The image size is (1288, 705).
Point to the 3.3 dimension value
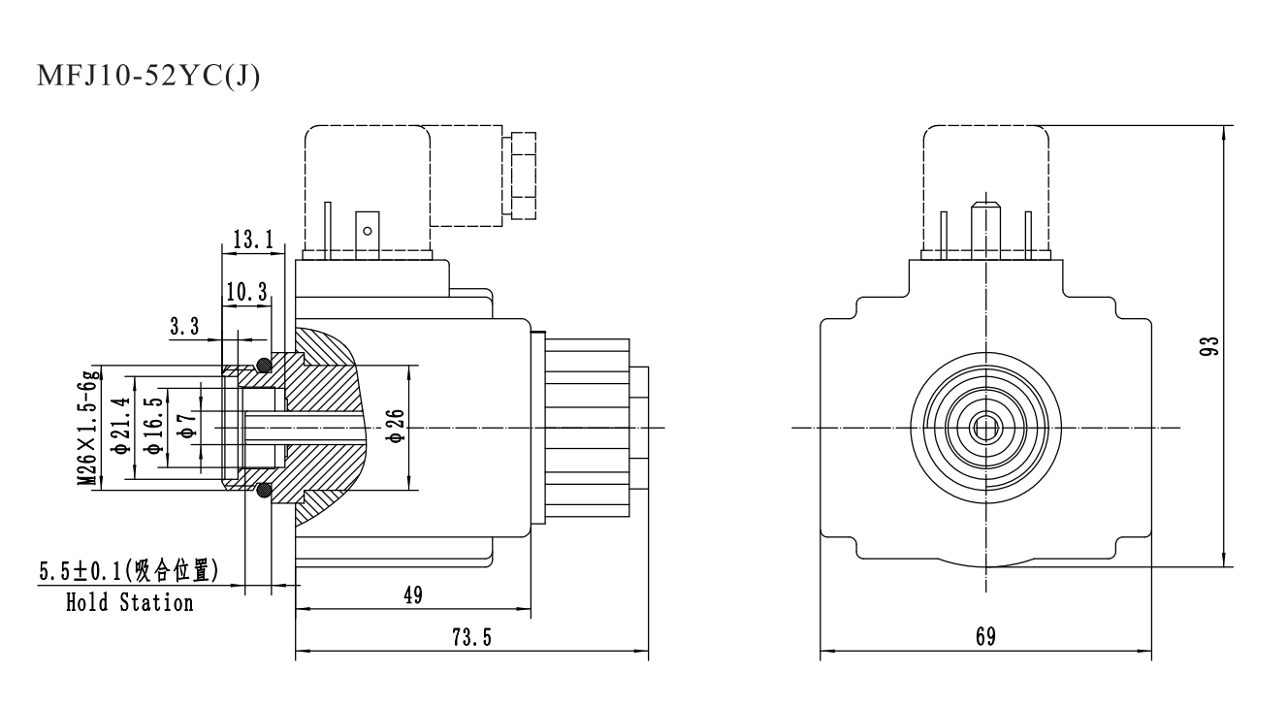[x=185, y=327]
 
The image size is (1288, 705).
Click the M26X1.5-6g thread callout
[x=89, y=428]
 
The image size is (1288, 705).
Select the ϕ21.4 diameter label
[x=121, y=428]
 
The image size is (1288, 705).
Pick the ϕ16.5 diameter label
[x=153, y=428]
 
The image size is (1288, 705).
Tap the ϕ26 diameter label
[x=396, y=428]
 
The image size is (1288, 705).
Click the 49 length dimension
[x=413, y=595]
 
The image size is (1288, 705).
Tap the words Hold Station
[x=129, y=602]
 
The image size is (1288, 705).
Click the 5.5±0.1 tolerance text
[x=81, y=572]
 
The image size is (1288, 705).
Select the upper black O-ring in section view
[x=262, y=365]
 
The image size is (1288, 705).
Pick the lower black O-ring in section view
[x=262, y=491]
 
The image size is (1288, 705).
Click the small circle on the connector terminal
[x=367, y=231]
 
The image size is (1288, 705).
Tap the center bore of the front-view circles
[x=986, y=428]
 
